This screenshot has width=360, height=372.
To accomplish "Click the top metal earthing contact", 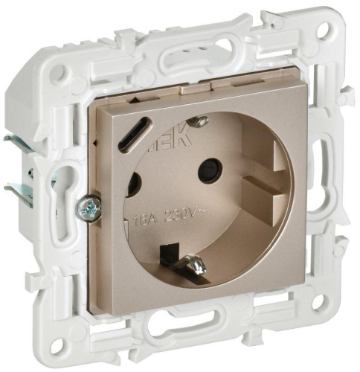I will [197, 121].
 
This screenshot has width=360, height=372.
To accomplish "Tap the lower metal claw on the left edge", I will [16, 191].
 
